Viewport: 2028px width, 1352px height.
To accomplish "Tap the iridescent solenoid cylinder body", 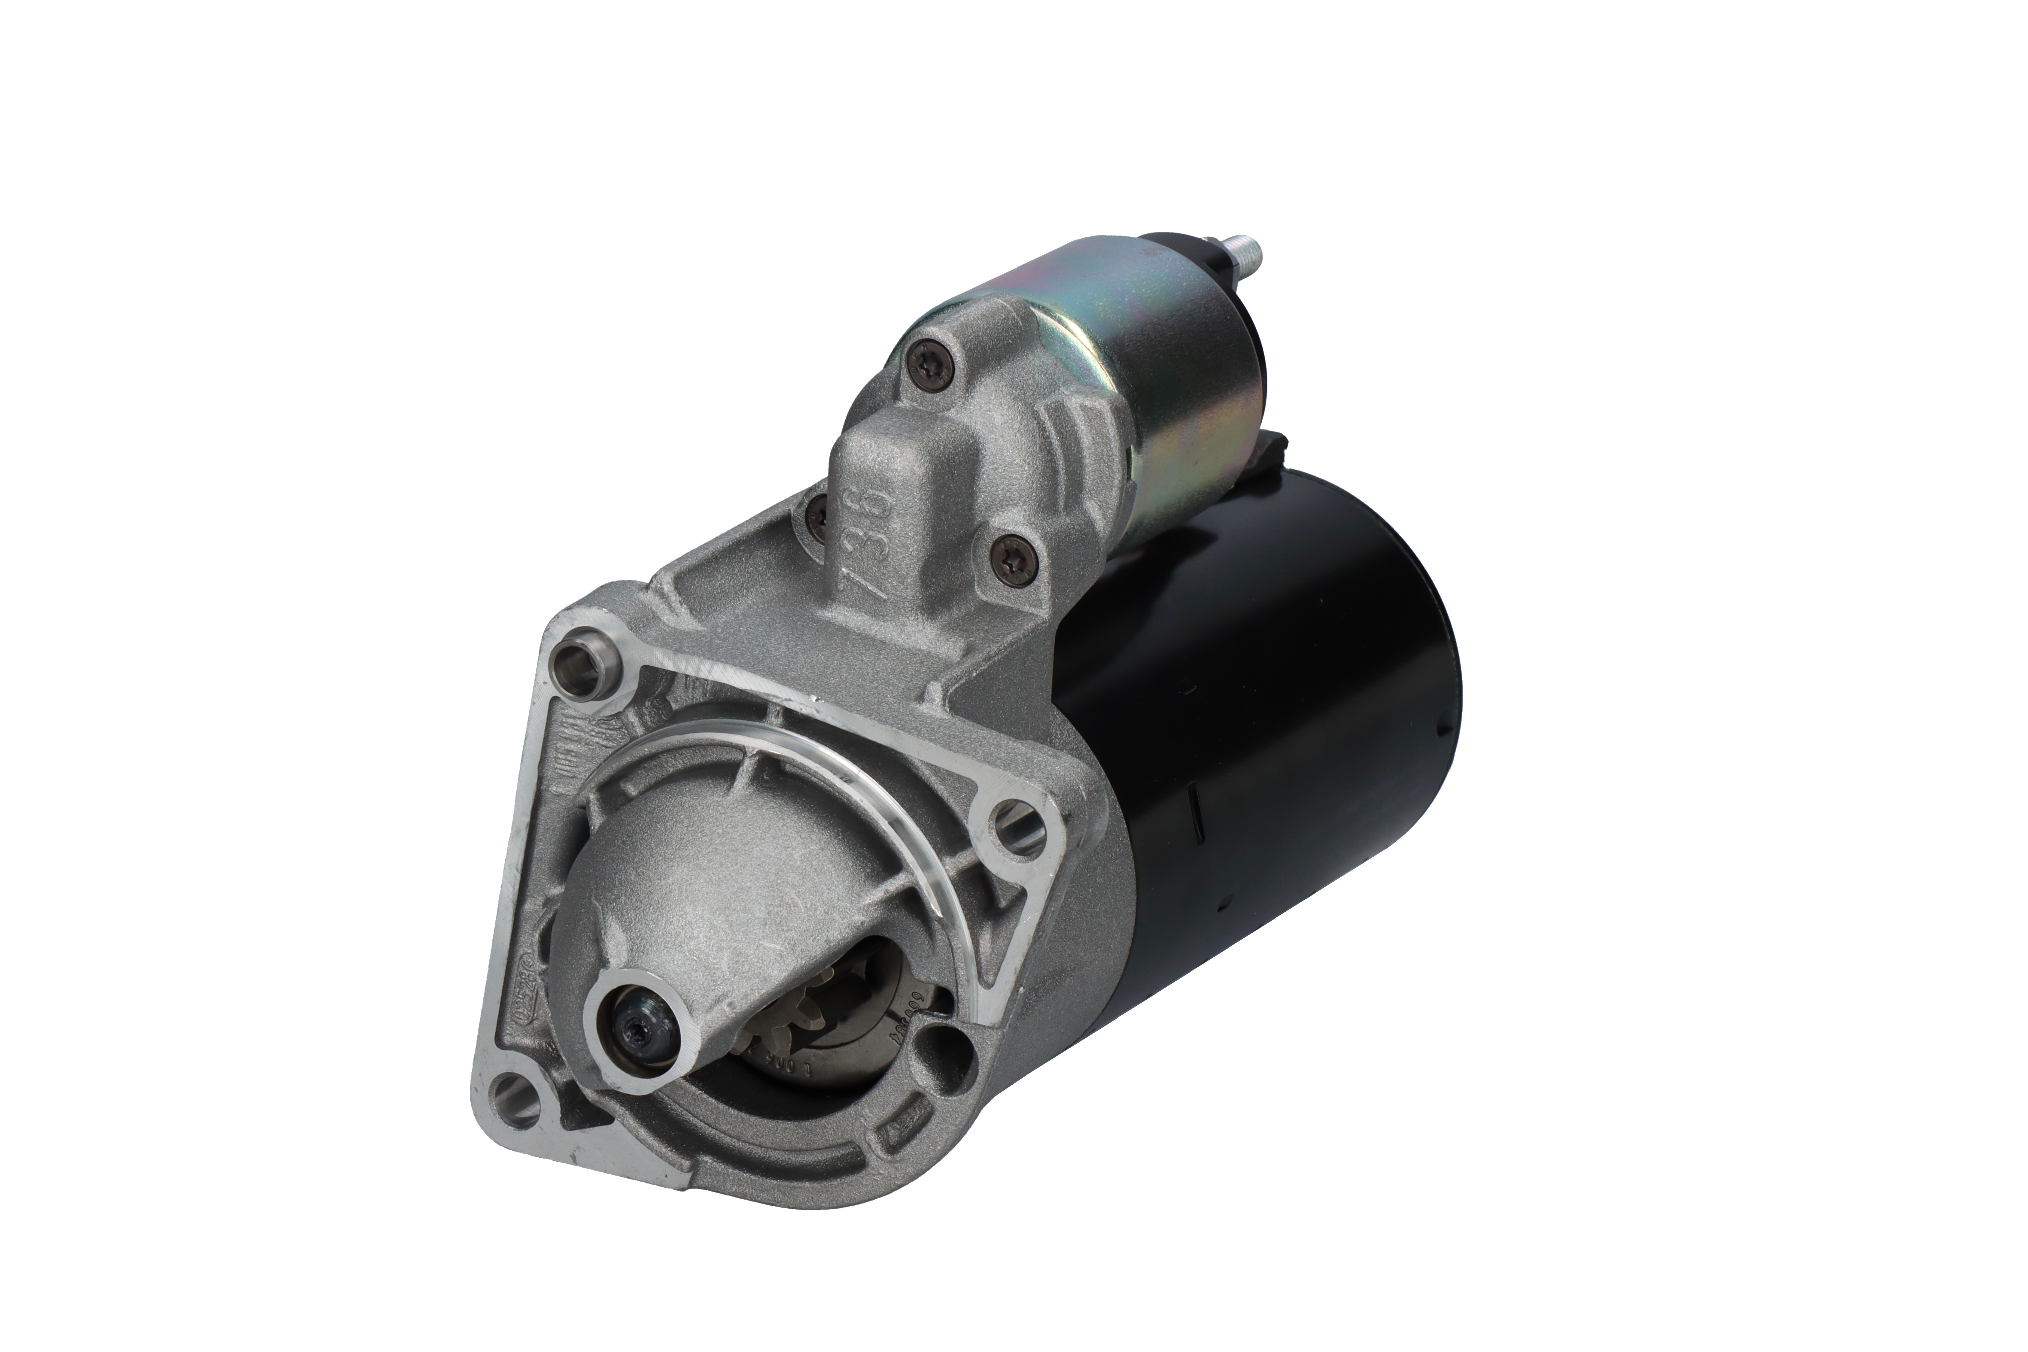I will click(1147, 362).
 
